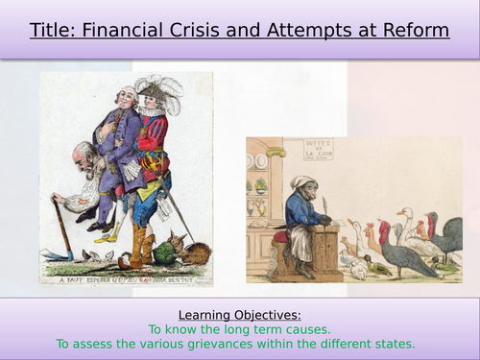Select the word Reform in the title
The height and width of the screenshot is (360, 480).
416,30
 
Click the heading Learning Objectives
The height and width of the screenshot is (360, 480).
239,314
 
